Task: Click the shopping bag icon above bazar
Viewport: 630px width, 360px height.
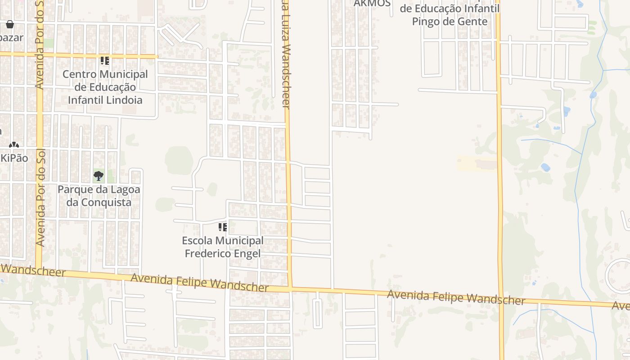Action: pyautogui.click(x=10, y=24)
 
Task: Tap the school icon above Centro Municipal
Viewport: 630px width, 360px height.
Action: pyautogui.click(x=105, y=61)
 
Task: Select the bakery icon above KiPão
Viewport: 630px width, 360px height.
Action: pyautogui.click(x=14, y=145)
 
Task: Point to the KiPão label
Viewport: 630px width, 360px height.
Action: pyautogui.click(x=14, y=158)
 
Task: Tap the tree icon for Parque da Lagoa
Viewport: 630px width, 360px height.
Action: pyautogui.click(x=99, y=176)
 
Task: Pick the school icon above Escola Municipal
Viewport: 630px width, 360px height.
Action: pyautogui.click(x=223, y=227)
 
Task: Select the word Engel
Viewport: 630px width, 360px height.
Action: pyautogui.click(x=247, y=254)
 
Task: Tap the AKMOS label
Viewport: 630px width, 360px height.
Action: pyautogui.click(x=372, y=4)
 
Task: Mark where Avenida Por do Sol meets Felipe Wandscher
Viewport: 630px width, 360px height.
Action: pyautogui.click(x=39, y=268)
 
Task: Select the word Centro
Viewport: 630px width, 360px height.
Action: pyautogui.click(x=79, y=74)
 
